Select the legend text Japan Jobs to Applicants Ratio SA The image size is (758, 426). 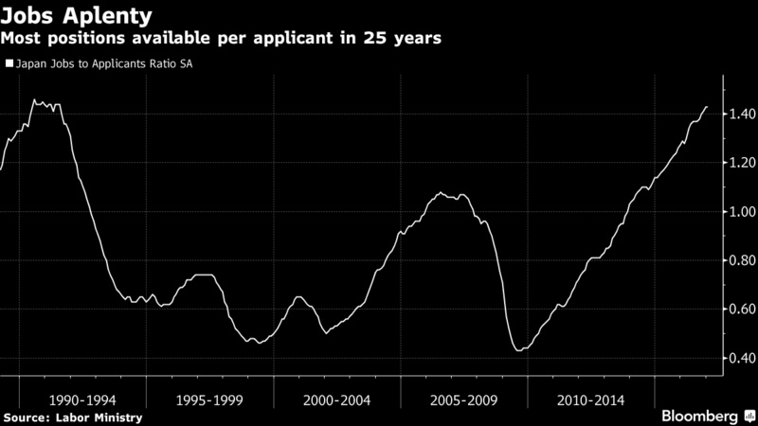point(106,65)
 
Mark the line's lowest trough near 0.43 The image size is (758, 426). point(517,350)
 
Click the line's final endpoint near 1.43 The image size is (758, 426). point(707,107)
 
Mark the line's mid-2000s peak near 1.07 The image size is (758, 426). point(442,193)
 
